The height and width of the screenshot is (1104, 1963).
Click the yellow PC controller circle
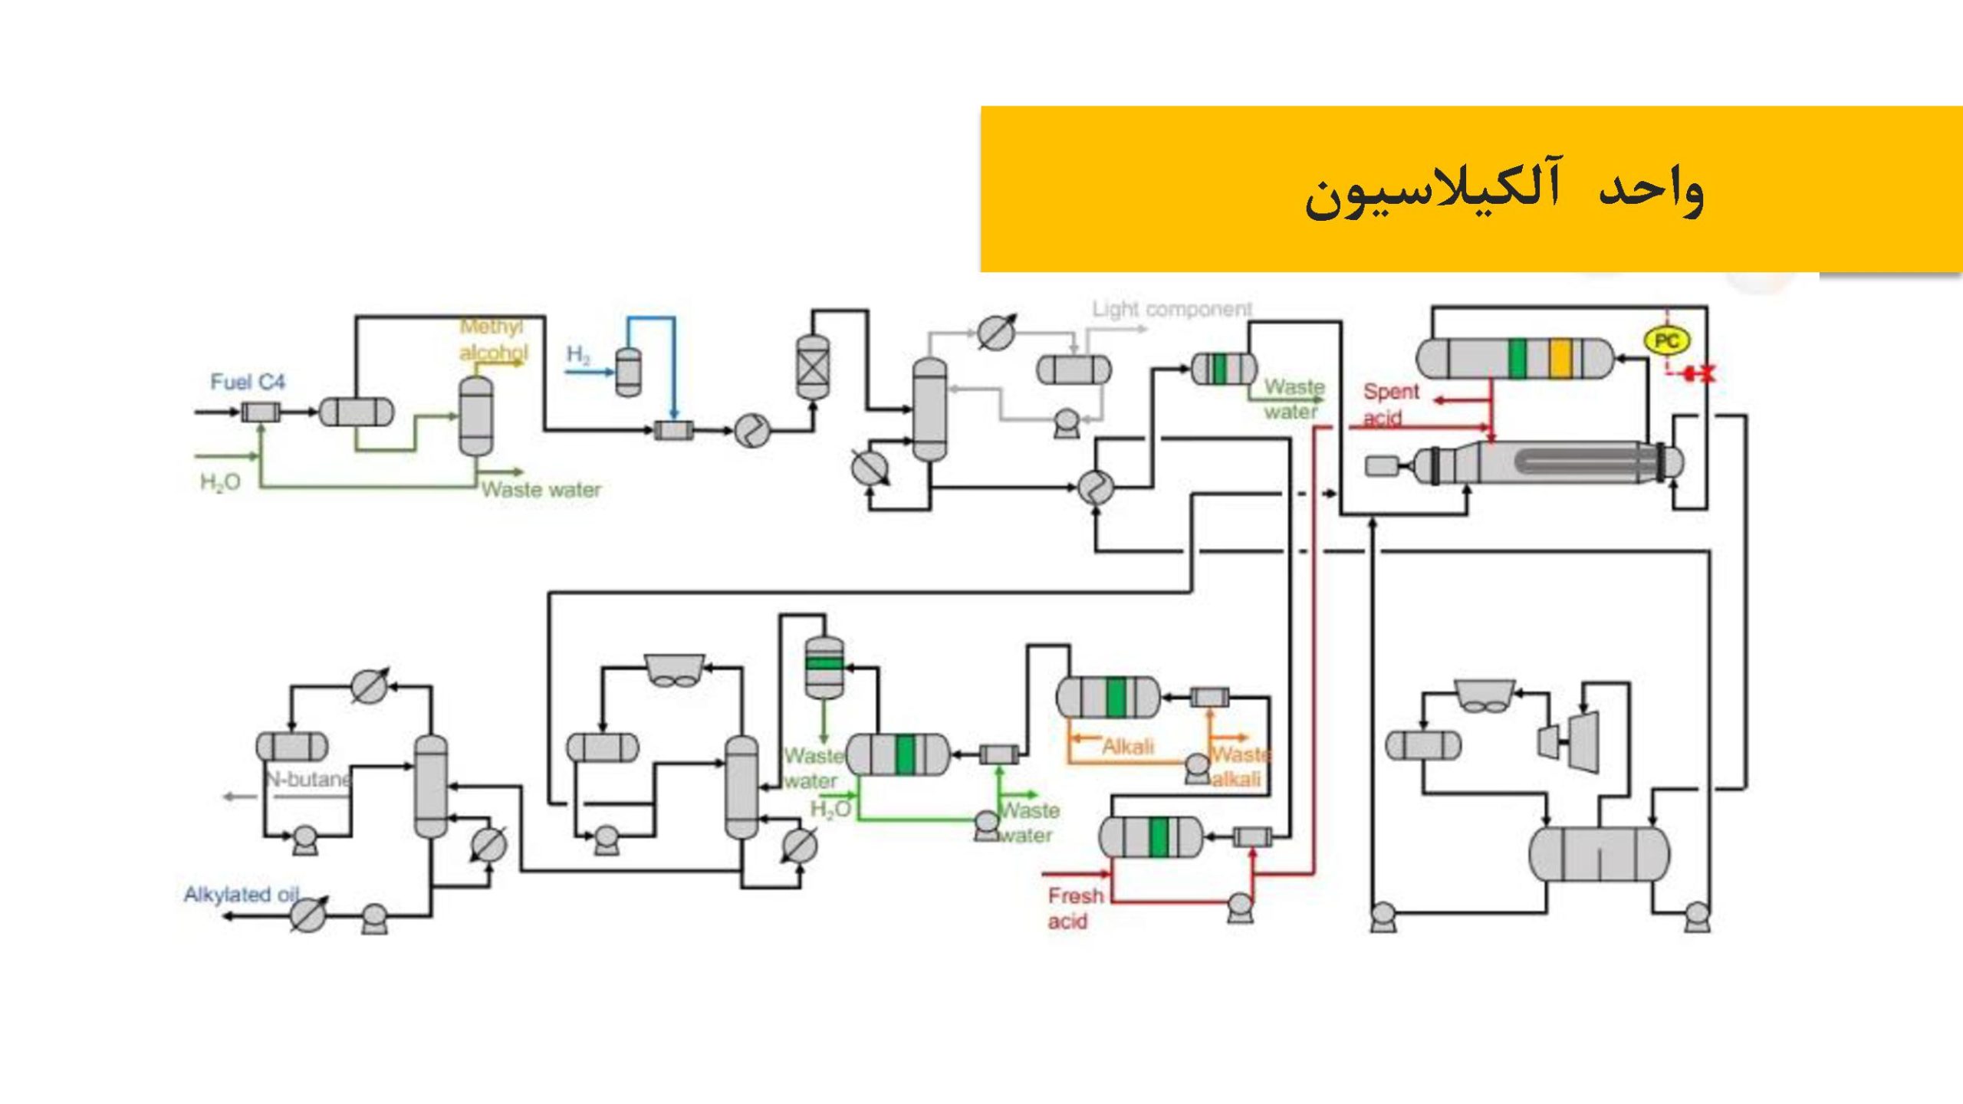[1667, 341]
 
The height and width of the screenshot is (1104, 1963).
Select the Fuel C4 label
[248, 382]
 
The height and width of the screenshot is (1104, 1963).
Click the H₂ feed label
[578, 354]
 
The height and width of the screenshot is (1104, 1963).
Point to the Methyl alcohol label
[493, 339]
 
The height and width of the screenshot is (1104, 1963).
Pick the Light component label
[1172, 309]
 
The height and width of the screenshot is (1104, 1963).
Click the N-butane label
[308, 779]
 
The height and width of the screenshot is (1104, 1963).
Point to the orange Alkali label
[1127, 746]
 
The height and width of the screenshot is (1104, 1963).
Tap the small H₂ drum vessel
[628, 373]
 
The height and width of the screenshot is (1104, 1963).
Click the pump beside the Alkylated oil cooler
[374, 917]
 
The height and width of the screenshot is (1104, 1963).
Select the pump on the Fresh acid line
[1239, 908]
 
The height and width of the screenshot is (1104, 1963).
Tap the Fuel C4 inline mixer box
[261, 412]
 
